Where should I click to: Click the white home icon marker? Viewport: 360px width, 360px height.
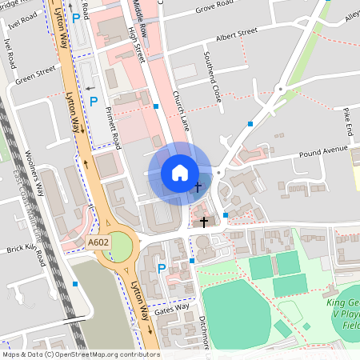180,173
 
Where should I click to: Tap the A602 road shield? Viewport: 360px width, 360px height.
98,241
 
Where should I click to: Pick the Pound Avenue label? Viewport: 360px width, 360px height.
324,151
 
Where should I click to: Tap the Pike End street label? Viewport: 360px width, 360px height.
347,119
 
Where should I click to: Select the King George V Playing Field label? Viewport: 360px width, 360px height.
343,312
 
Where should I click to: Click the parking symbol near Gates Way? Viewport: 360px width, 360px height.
162,269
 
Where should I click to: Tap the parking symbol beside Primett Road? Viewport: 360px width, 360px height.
93,102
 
